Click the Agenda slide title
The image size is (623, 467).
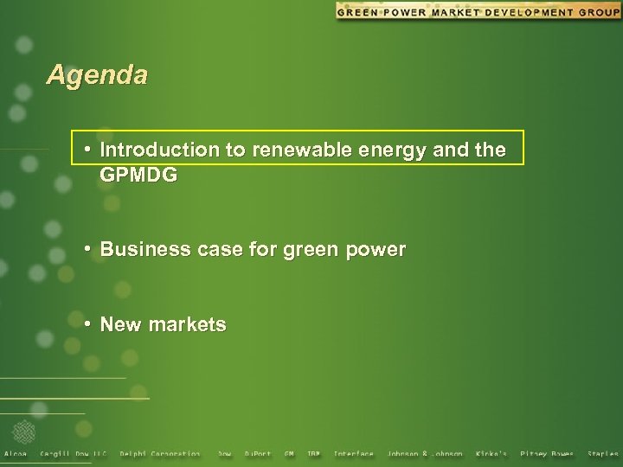(x=97, y=75)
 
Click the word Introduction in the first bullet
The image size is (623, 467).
(x=160, y=150)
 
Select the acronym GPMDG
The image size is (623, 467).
(x=138, y=175)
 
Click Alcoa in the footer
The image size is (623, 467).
(x=16, y=454)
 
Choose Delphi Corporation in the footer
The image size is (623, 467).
(x=160, y=454)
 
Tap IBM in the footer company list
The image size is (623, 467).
(x=313, y=454)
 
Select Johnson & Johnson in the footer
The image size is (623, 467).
(x=425, y=454)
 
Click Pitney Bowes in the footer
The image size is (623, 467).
(x=546, y=454)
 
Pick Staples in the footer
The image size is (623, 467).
(x=603, y=454)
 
